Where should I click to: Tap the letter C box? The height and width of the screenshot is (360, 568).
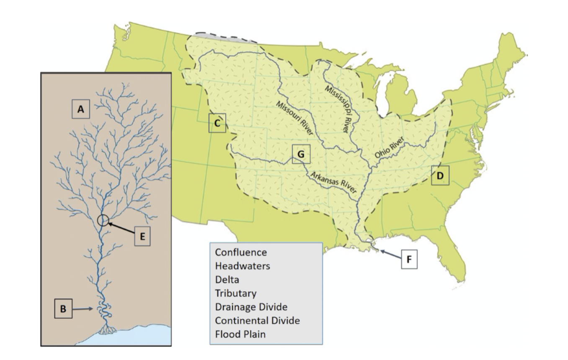[217, 123]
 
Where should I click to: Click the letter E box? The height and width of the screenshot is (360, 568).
[142, 236]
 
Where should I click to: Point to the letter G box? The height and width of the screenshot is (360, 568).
[300, 154]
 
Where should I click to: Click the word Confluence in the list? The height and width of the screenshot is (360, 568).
[240, 253]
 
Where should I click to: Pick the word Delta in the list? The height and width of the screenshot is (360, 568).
[227, 280]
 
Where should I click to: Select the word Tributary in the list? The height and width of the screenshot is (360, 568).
[235, 294]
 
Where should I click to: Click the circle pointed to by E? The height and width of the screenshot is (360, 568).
[103, 220]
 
